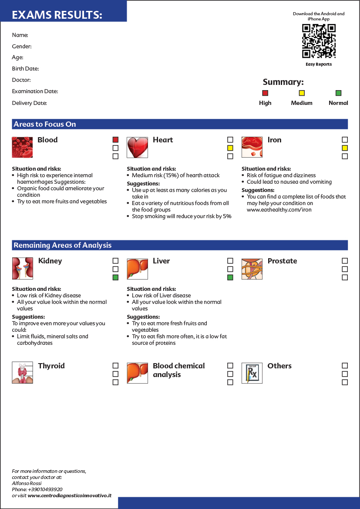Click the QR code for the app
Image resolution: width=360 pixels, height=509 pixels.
coord(319,41)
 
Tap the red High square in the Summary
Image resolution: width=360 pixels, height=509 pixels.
coord(265,93)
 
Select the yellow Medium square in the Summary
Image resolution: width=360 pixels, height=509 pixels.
coord(302,93)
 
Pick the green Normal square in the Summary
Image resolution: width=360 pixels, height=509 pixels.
coord(338,93)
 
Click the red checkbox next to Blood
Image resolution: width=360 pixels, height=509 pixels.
coord(115,140)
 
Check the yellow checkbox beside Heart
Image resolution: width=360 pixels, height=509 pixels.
coord(230,148)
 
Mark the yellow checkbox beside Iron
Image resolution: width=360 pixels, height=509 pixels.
coord(345,148)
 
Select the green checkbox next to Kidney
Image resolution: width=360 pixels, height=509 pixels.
coord(115,277)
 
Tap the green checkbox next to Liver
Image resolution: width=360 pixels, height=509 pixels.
coord(230,277)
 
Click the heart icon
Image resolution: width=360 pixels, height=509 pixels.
coord(137,148)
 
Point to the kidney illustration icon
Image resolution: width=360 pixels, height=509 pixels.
coord(22,268)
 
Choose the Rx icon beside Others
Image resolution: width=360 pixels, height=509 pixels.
coord(252,373)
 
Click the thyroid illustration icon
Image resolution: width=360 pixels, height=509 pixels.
coord(22,373)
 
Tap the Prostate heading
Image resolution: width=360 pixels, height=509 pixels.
coord(282,261)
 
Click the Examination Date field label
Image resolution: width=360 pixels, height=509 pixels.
coord(35,91)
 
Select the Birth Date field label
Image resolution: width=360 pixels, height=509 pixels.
coord(25,69)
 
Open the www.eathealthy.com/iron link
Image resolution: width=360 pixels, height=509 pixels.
coord(279,209)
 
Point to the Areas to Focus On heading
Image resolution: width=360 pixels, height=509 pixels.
coord(45,124)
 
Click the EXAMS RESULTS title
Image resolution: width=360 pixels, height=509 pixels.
coord(57,15)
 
